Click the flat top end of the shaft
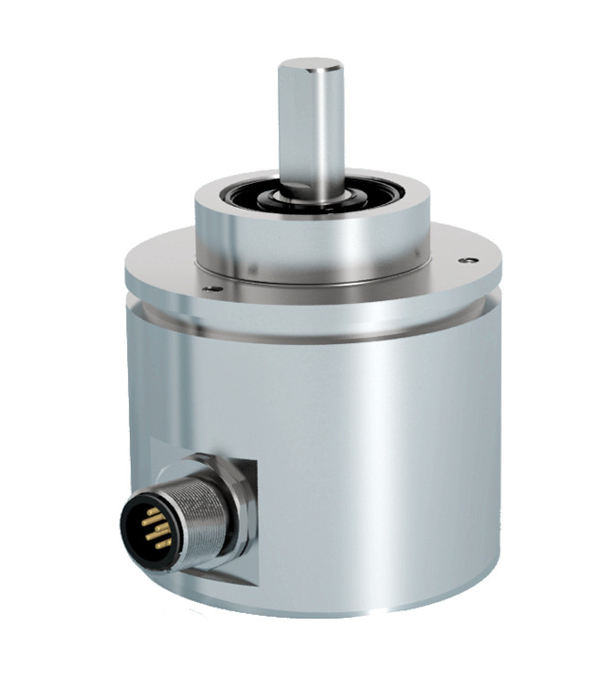310,65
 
